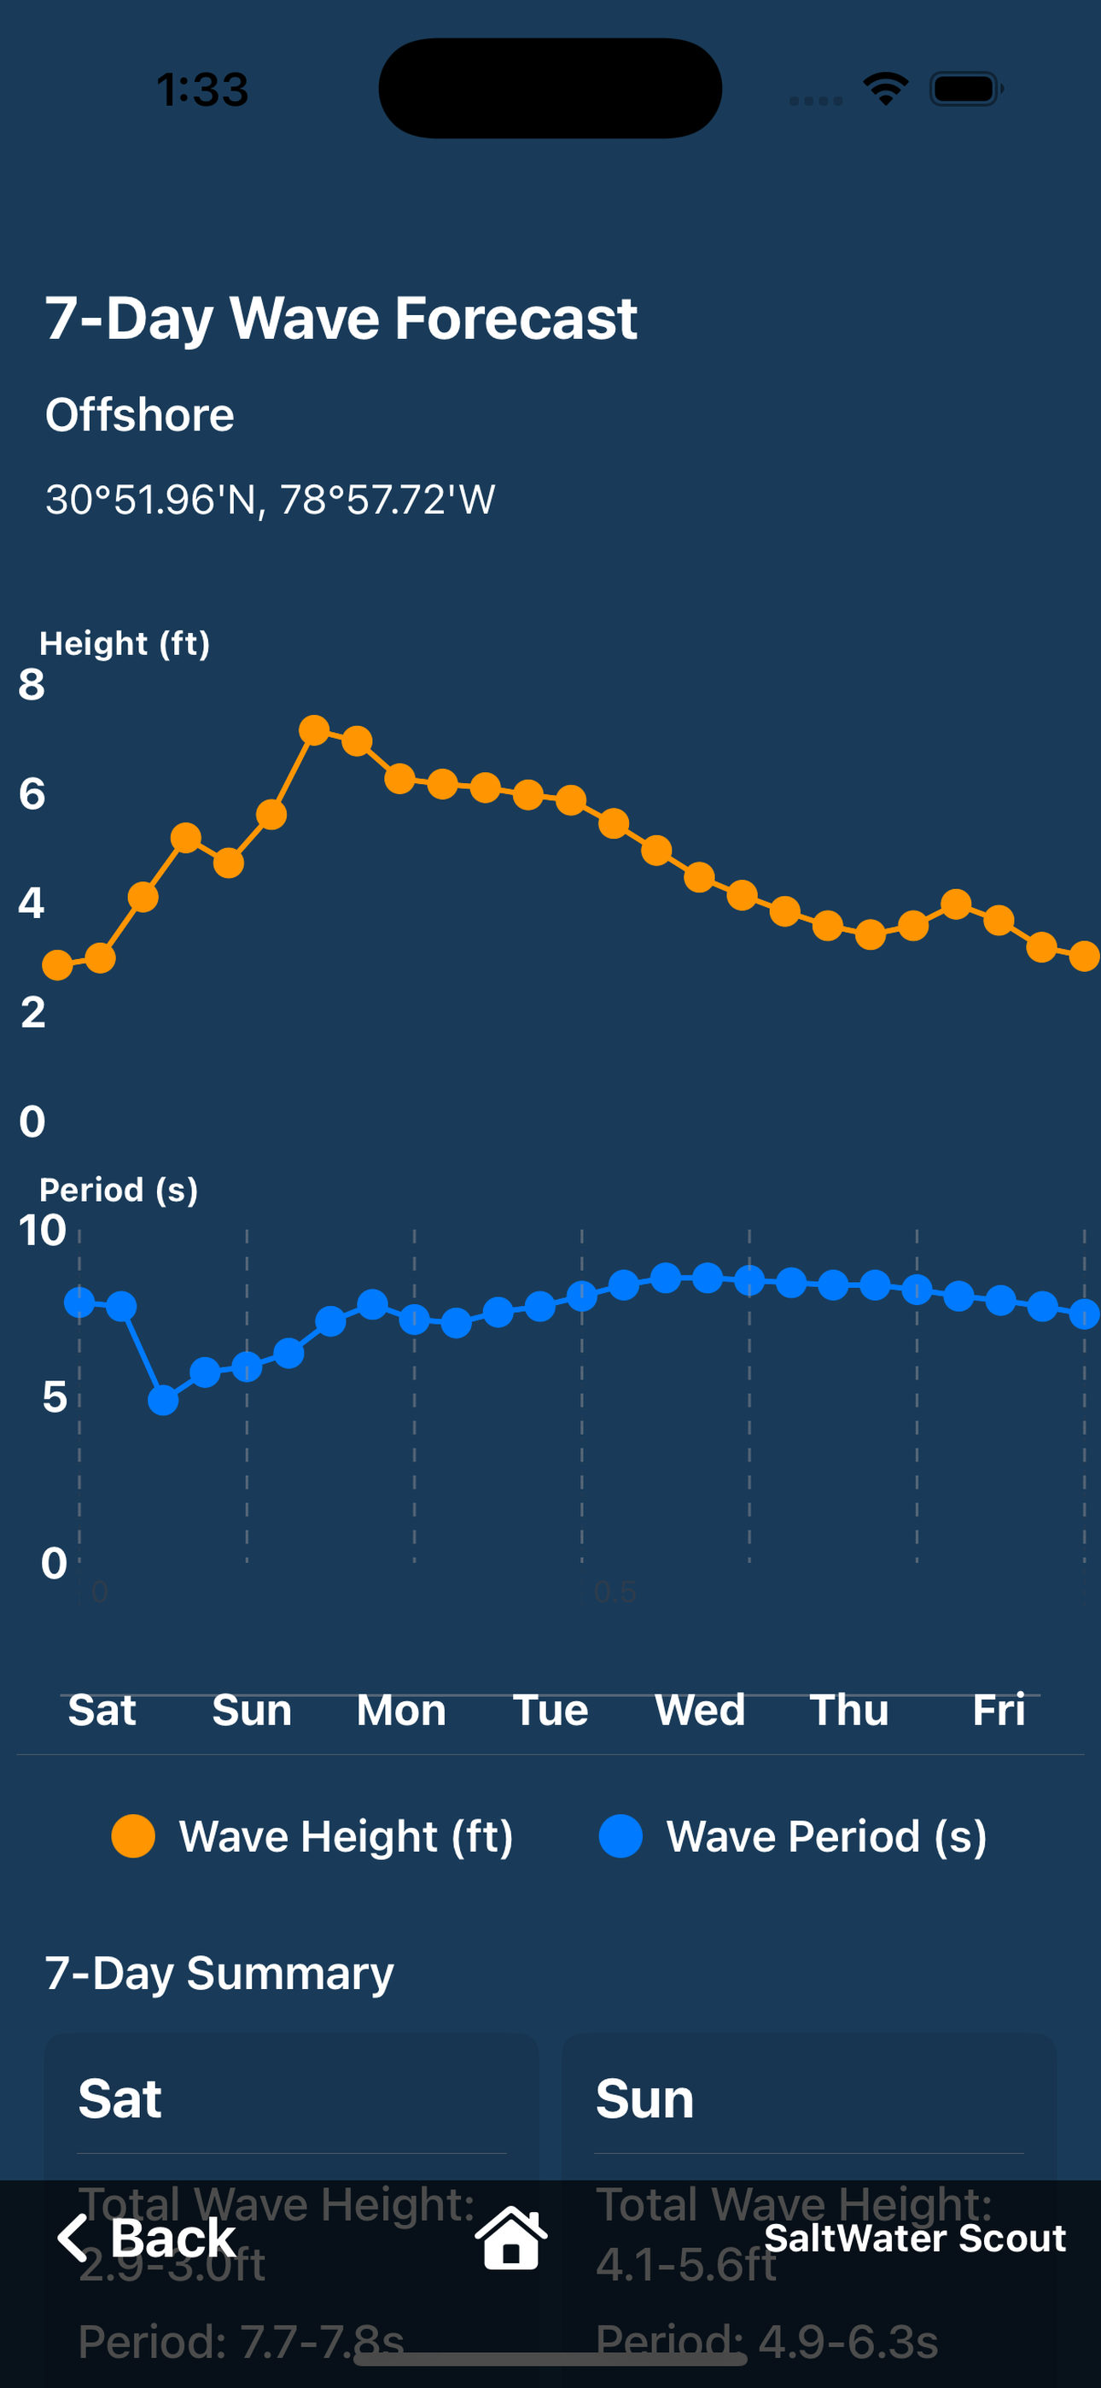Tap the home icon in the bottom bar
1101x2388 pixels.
(x=510, y=2239)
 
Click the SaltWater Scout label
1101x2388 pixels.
(x=915, y=2239)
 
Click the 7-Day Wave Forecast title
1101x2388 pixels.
(x=341, y=319)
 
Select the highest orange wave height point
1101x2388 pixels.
(x=314, y=730)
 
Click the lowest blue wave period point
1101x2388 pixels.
(x=163, y=1400)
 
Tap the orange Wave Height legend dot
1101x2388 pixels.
(x=133, y=1836)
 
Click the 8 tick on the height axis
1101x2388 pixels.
(x=32, y=685)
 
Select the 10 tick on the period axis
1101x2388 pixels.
(x=43, y=1230)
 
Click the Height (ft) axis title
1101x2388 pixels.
(x=125, y=643)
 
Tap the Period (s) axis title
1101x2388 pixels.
(x=119, y=1190)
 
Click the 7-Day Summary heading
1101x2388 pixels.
(x=219, y=1974)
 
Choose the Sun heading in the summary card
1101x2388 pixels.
(x=644, y=2099)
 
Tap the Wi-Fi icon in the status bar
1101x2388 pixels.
(x=885, y=89)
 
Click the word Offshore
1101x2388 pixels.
(x=140, y=414)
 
